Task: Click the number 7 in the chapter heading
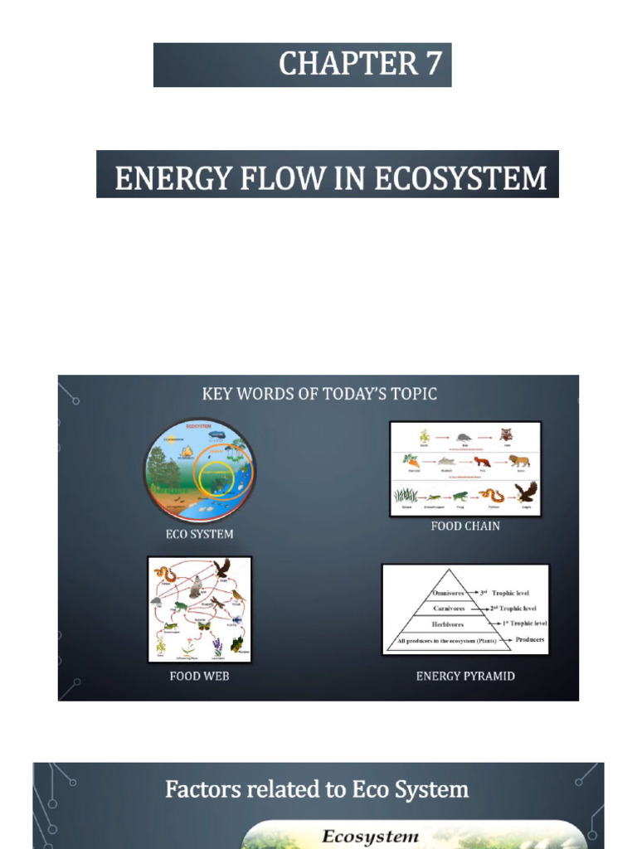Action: coord(433,64)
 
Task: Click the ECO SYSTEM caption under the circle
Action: coord(199,534)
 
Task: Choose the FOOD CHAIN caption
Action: coord(465,526)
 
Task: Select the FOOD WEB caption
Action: coord(199,676)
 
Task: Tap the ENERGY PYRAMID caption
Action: coord(465,676)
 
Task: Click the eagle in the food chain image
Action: coord(526,492)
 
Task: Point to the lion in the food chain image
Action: coord(519,461)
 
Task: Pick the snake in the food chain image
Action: coord(492,496)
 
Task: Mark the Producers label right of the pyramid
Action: coord(529,640)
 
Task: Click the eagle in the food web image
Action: coord(221,568)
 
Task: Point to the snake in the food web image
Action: coord(164,574)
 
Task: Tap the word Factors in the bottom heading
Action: coord(197,789)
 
